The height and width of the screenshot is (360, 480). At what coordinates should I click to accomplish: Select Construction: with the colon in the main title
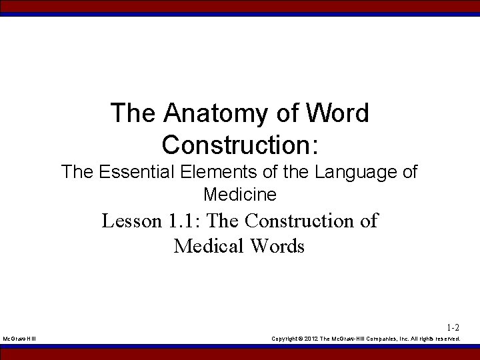[x=240, y=143]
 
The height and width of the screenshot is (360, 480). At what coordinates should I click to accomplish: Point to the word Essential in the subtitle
[x=139, y=172]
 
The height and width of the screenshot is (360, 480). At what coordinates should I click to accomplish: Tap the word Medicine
[x=240, y=195]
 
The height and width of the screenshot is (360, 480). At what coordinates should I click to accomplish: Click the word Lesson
[x=131, y=221]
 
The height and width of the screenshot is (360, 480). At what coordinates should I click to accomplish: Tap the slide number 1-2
[x=453, y=327]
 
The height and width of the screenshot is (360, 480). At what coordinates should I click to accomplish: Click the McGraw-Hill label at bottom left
[x=20, y=339]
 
